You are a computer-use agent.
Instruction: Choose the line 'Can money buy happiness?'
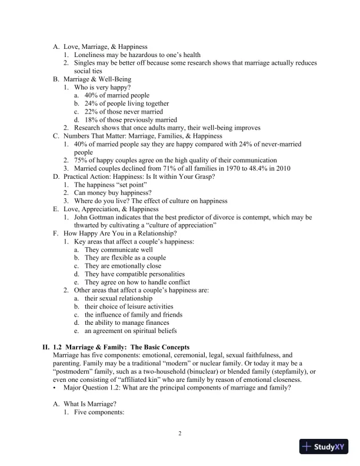point(111,193)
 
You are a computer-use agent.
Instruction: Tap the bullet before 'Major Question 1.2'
point(55,388)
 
